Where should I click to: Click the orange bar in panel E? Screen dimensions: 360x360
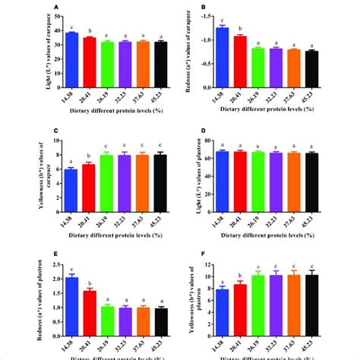pos(142,314)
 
